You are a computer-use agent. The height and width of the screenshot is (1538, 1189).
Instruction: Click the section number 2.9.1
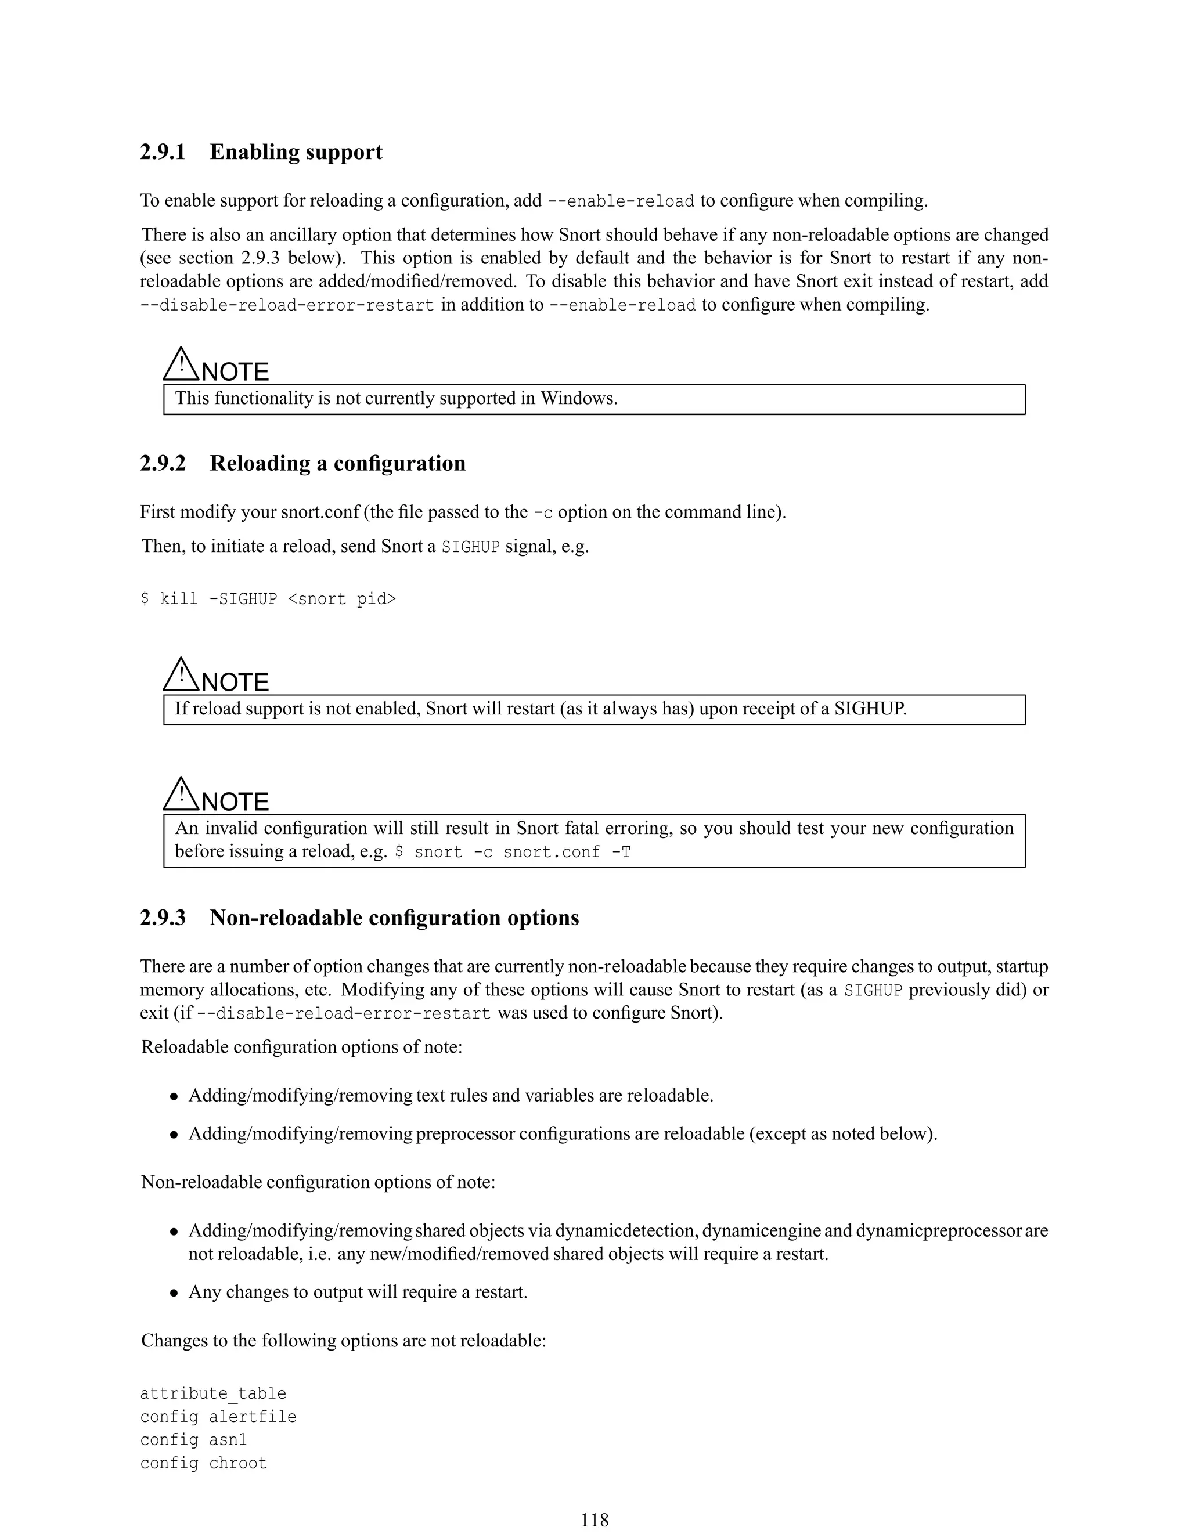click(163, 152)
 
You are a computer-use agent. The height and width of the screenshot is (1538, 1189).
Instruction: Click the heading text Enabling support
click(296, 152)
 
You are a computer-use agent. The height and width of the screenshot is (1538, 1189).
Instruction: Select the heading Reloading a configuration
click(337, 463)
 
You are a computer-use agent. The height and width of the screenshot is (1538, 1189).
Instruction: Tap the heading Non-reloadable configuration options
click(394, 918)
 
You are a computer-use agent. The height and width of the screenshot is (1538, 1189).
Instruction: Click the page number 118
click(594, 1519)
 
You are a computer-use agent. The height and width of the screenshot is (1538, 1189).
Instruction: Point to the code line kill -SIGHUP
click(268, 600)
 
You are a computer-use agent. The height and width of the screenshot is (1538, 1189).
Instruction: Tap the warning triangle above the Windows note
click(181, 364)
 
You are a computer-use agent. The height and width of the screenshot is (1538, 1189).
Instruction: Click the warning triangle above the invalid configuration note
click(181, 795)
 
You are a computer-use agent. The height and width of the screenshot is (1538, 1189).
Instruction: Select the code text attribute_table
click(212, 1393)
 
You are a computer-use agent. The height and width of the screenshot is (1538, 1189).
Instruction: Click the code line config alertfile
click(218, 1417)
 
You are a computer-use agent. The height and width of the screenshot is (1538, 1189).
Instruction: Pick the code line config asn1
click(193, 1440)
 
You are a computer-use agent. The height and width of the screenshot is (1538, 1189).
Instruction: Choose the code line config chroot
click(203, 1463)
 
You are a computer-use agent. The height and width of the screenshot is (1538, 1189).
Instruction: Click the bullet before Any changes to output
click(173, 1294)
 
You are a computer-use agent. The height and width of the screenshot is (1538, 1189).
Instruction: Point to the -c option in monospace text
click(543, 512)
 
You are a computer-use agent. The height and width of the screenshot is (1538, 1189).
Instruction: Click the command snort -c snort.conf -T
click(512, 853)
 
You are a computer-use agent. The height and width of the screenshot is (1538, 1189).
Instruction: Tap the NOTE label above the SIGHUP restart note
click(235, 683)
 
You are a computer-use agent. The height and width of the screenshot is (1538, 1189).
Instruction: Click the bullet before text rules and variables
click(173, 1097)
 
